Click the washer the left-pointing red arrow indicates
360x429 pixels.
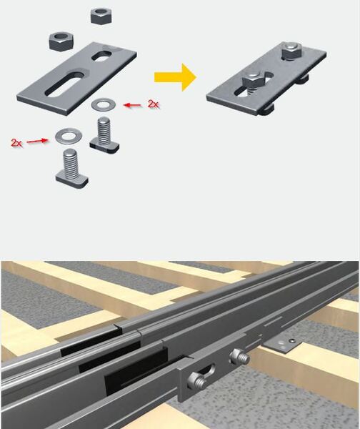pyautogui.click(x=102, y=104)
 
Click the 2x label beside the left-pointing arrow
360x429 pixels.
pyautogui.click(x=153, y=104)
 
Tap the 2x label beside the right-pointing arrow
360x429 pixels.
pyautogui.click(x=16, y=142)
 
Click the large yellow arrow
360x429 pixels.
pyautogui.click(x=175, y=77)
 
